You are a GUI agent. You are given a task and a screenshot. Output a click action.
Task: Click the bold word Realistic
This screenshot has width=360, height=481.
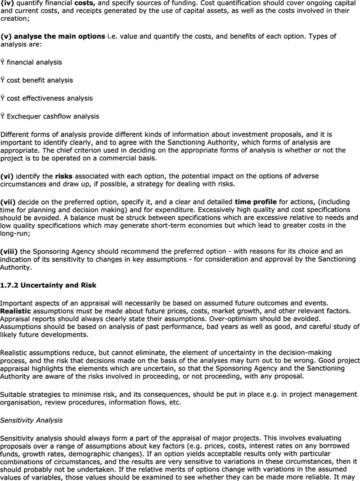[x=15, y=311]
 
